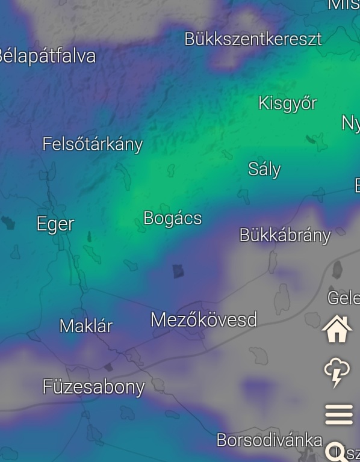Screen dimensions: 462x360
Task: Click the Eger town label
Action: pos(55,224)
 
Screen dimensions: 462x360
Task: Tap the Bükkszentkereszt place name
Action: pos(253,39)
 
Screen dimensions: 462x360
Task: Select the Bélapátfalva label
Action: pos(47,57)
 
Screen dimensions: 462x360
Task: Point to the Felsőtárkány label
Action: pos(93,144)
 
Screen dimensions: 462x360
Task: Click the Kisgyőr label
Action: pos(287,103)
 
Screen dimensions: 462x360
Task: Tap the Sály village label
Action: pos(264,169)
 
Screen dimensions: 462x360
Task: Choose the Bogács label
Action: pos(173,218)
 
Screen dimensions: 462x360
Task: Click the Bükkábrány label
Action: pos(285,235)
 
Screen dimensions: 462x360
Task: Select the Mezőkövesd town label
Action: pos(203,319)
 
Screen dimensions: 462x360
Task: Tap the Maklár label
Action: pos(86,326)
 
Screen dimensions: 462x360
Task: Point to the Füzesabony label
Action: pos(93,387)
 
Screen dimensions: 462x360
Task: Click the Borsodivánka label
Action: pos(269,440)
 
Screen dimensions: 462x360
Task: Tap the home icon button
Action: pos(337,330)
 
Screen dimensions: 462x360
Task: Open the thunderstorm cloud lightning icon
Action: pos(338,372)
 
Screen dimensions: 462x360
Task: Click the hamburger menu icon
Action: pos(338,414)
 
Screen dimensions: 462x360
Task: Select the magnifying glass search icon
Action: pos(335,451)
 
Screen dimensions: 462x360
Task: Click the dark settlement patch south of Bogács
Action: pos(178,271)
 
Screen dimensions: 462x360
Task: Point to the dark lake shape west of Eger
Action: pos(8,223)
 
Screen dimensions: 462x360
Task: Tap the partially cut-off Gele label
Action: pos(343,298)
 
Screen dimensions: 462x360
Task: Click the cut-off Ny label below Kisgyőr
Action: pos(350,123)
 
